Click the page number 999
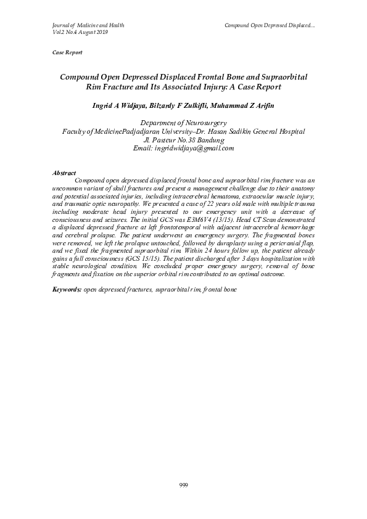coord(183,485)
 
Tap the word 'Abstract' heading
coord(64,174)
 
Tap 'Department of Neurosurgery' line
coord(183,123)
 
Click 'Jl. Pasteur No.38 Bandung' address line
coord(183,140)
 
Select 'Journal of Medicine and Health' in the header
coord(88,25)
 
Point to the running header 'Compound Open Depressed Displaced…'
coord(270,25)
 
